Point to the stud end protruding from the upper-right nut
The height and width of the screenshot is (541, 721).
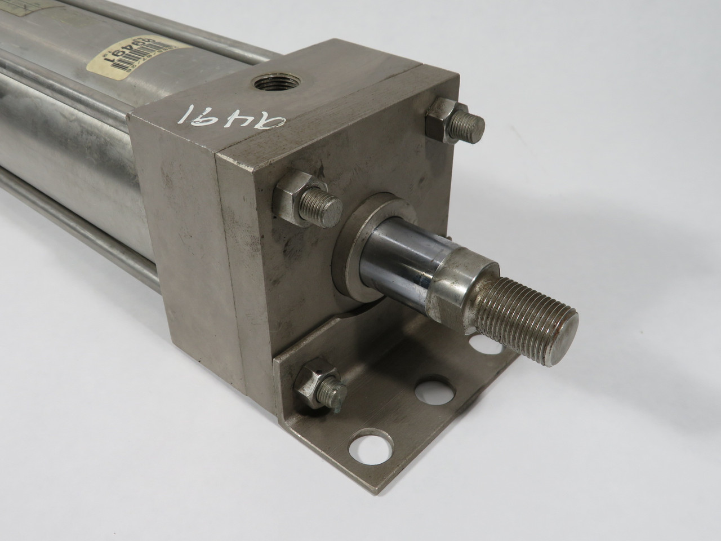point(472,124)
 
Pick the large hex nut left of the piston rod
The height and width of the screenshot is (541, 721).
point(291,197)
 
